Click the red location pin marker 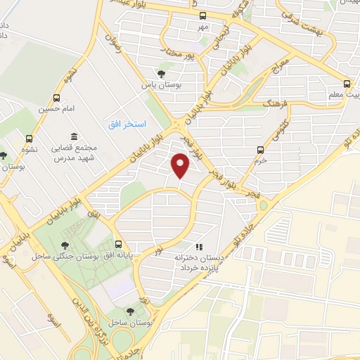[x=181, y=166]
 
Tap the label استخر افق [x=127, y=124]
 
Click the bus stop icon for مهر [x=203, y=15]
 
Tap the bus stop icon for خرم [x=261, y=150]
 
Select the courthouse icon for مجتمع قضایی [x=75, y=136]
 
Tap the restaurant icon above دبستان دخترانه [x=200, y=247]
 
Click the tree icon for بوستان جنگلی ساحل [x=65, y=245]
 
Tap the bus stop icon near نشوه [x=29, y=139]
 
